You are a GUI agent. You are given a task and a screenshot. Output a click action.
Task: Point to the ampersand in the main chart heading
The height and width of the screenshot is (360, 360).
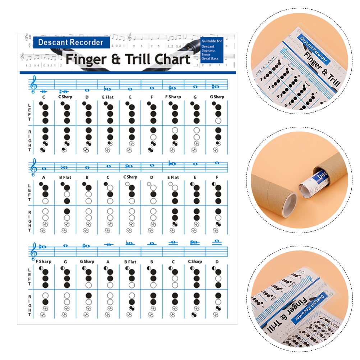(x=116, y=59)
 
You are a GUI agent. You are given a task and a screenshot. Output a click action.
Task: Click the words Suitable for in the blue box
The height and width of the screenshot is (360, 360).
(x=212, y=41)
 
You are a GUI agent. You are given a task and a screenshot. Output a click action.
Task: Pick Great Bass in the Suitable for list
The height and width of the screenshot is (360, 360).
(x=211, y=59)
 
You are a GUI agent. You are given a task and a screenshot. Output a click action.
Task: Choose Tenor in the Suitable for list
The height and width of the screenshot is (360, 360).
(x=207, y=55)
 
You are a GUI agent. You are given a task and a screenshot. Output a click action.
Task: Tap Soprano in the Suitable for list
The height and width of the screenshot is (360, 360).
(x=209, y=51)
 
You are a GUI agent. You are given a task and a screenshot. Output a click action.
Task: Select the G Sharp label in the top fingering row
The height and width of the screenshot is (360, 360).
(x=217, y=97)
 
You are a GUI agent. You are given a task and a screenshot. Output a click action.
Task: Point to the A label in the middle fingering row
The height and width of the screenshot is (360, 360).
(x=44, y=177)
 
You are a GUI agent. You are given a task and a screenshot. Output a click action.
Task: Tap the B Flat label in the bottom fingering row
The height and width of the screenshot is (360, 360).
(x=130, y=262)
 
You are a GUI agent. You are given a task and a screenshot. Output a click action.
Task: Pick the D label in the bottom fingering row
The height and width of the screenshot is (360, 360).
(x=217, y=262)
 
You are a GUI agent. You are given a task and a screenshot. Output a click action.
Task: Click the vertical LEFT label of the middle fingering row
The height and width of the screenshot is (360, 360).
(x=29, y=192)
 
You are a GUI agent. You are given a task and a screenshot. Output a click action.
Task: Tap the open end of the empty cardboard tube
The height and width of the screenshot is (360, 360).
(x=289, y=204)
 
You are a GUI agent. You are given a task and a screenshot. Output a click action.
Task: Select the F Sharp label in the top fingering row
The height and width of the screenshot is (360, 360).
(x=173, y=97)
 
